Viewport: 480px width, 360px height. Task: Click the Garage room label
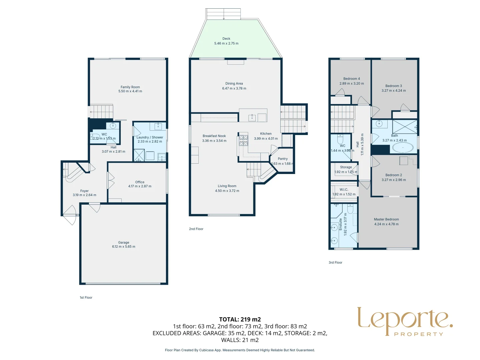[123, 243]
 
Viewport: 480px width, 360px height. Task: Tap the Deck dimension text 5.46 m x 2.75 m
[226, 43]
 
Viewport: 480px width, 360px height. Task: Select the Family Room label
[130, 87]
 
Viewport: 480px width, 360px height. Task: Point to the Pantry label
[283, 159]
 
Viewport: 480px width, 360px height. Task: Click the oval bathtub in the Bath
[403, 147]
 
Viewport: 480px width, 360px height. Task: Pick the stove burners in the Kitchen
[243, 140]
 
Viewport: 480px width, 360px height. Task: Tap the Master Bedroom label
[386, 219]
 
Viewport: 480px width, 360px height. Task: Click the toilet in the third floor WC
[340, 138]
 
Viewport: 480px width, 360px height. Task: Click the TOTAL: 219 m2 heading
[240, 319]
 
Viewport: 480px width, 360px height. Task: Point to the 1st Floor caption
[86, 297]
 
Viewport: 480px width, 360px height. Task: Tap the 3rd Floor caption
[335, 262]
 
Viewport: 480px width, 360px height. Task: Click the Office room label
[140, 182]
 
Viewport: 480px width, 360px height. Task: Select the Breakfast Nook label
[214, 136]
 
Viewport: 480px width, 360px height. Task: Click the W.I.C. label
[344, 189]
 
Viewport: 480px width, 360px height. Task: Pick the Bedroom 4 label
[352, 79]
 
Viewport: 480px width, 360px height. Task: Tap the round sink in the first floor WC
[113, 126]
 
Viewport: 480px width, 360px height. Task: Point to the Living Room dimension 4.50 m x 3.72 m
[227, 191]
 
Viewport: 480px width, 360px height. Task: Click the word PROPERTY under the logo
[419, 334]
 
